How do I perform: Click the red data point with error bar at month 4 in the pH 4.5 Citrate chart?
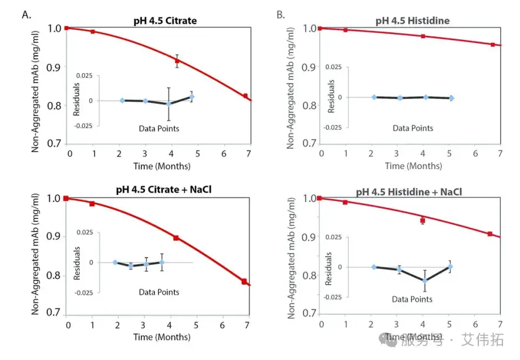tap(177, 60)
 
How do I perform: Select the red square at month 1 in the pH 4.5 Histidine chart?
tap(346, 29)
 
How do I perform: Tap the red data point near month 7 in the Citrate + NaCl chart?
tap(244, 282)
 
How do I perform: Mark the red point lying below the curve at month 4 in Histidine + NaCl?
tap(423, 221)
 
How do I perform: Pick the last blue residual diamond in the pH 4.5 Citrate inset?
tap(191, 96)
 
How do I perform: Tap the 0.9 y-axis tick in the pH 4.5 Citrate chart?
tap(54, 67)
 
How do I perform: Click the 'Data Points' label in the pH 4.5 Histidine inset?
tap(413, 128)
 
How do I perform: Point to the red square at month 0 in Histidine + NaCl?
tap(320, 198)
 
